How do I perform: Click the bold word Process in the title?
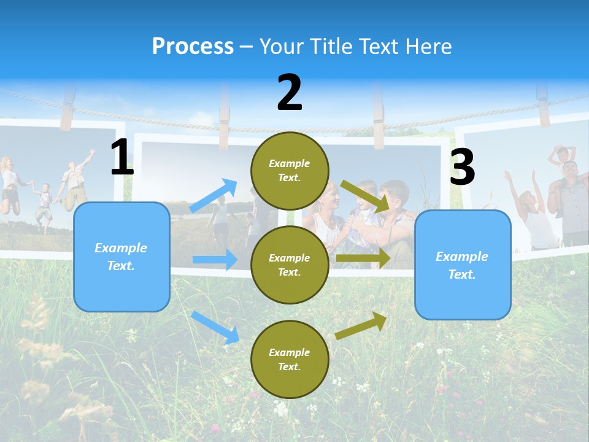tap(193, 47)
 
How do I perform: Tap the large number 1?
tap(122, 158)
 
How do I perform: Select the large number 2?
tap(290, 93)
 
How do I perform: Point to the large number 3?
tap(462, 167)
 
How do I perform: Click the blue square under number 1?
tap(121, 257)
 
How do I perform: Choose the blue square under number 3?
tap(463, 265)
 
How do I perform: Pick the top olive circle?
tap(290, 171)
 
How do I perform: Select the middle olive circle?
tap(290, 265)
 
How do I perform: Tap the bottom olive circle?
tap(290, 359)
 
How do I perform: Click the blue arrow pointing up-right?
tap(214, 196)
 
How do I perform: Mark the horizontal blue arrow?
tap(215, 260)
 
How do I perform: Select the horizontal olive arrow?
tap(363, 258)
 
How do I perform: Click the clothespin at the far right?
tap(542, 98)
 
